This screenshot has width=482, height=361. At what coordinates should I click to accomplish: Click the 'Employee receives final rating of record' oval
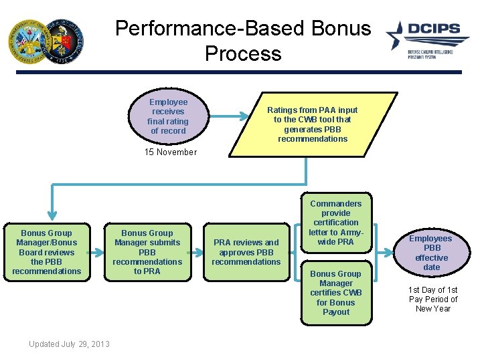click(168, 116)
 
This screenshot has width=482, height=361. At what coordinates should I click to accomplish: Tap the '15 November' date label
click(171, 152)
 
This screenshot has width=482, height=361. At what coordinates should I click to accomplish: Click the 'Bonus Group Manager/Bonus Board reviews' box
click(46, 252)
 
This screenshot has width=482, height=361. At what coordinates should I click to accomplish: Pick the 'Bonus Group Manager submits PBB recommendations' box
click(147, 252)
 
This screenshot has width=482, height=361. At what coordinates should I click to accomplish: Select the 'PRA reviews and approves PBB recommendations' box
click(246, 252)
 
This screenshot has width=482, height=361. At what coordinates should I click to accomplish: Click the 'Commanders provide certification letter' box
click(335, 223)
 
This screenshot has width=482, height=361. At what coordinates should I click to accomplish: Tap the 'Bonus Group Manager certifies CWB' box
click(335, 293)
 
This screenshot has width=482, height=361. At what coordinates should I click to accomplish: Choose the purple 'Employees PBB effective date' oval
click(431, 253)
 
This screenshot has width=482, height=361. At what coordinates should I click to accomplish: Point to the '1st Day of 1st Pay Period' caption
click(432, 299)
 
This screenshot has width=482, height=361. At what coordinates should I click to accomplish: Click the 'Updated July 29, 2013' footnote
click(69, 344)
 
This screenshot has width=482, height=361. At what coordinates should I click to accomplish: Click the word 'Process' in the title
click(243, 53)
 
